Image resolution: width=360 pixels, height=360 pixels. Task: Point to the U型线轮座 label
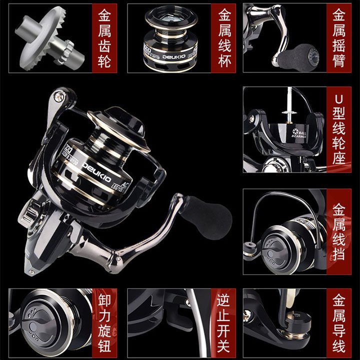pyautogui.click(x=341, y=129)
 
